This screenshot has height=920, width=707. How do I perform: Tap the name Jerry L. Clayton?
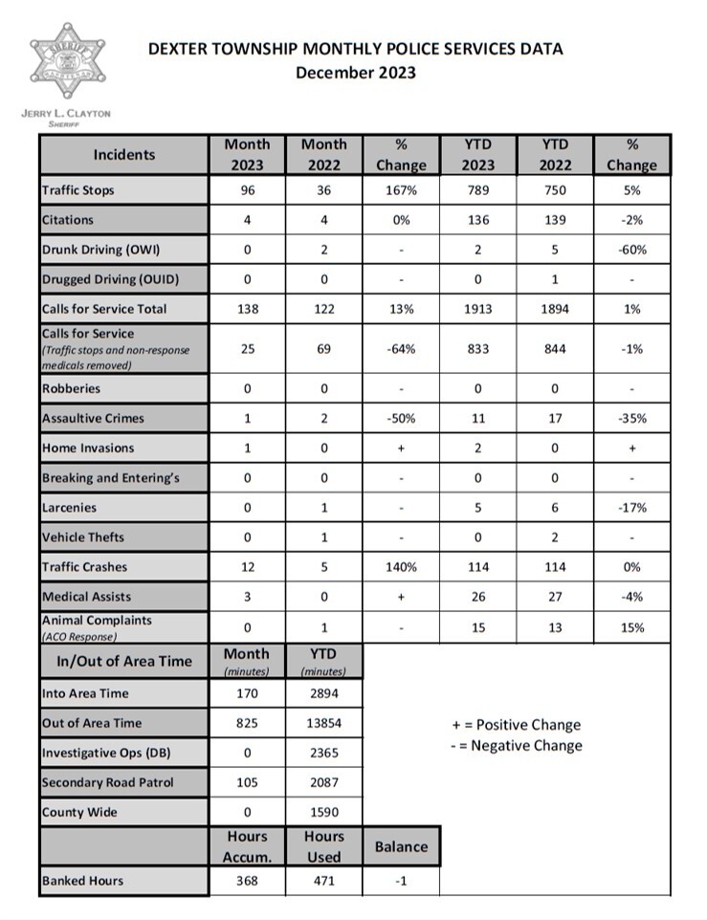(65, 113)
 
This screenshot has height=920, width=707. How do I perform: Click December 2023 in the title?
(355, 73)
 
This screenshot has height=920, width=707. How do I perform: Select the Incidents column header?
(123, 155)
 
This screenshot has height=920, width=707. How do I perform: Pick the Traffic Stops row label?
(77, 190)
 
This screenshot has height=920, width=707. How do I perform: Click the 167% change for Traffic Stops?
(401, 190)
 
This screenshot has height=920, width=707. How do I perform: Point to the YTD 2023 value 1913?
(477, 309)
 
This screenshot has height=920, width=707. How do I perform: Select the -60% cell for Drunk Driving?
(631, 250)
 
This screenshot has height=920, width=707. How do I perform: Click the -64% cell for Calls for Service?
(401, 349)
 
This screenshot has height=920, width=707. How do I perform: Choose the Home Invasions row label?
(88, 448)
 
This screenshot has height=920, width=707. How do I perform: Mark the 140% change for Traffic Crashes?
(401, 567)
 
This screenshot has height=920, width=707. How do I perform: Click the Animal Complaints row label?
(97, 621)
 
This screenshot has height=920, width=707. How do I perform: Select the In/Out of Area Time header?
(123, 661)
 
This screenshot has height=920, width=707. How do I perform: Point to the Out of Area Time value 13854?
(323, 723)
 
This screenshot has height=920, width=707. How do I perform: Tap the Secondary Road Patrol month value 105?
(247, 782)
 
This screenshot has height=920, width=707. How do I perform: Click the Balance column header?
(401, 846)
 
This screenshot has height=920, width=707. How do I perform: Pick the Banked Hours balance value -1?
(401, 881)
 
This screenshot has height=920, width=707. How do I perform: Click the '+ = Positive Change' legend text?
(516, 725)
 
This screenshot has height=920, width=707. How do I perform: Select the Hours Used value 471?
(323, 881)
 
